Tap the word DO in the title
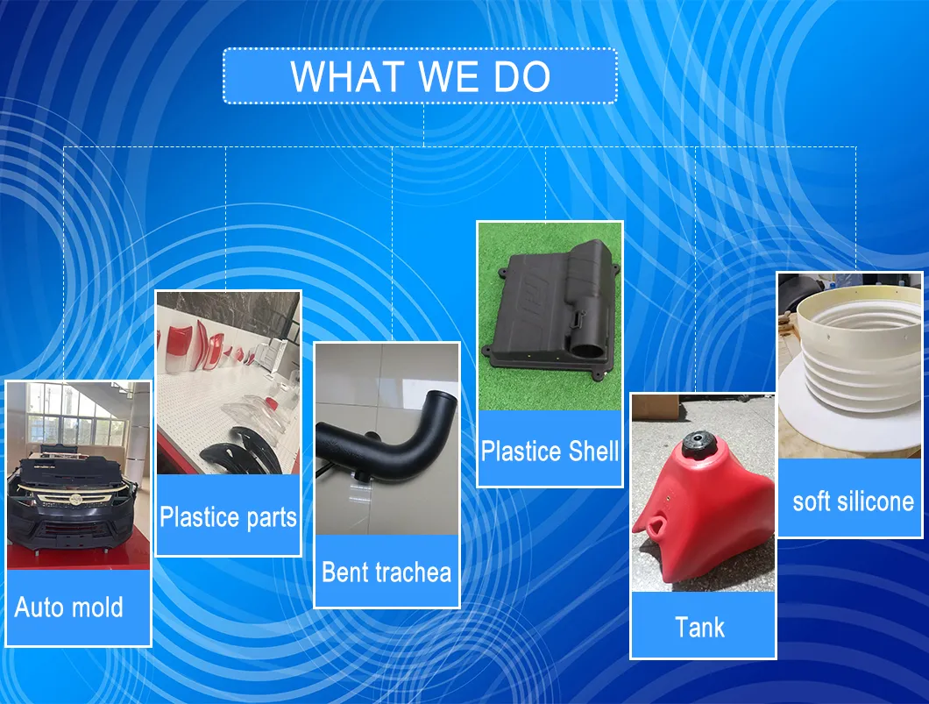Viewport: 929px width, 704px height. click(x=522, y=76)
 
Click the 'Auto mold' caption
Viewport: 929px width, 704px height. click(x=68, y=608)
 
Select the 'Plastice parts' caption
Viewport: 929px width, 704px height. click(x=228, y=516)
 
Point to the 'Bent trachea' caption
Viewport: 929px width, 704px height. click(x=386, y=572)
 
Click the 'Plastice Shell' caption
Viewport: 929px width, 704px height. click(x=550, y=451)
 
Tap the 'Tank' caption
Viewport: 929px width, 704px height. click(x=699, y=628)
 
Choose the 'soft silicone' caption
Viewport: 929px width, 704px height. click(x=853, y=501)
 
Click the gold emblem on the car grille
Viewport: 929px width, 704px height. click(x=75, y=498)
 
